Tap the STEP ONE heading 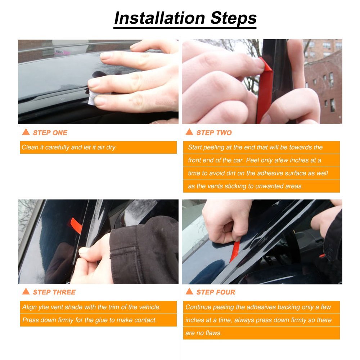[x=50, y=133]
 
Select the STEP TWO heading [x=214, y=133]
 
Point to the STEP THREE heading [x=54, y=292]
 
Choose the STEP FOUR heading [x=215, y=292]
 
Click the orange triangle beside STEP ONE [x=26, y=132]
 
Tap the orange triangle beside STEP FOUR [x=189, y=292]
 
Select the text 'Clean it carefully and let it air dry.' [x=69, y=147]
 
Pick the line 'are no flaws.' [x=203, y=333]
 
